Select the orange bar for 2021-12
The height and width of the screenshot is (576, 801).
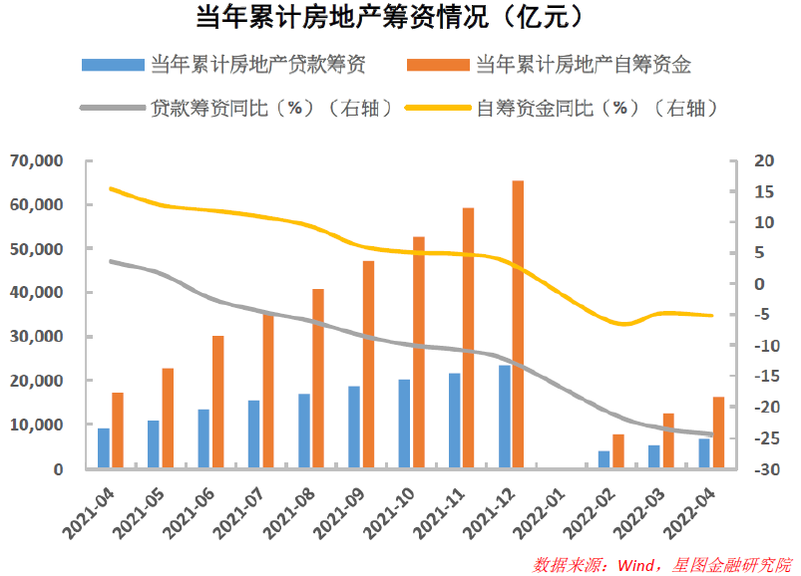[518, 324]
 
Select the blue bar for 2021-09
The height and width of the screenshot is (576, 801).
[354, 427]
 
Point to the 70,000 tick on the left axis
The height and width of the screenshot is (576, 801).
[38, 160]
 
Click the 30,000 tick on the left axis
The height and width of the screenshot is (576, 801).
[38, 337]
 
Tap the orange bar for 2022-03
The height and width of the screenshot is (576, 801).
[668, 440]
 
